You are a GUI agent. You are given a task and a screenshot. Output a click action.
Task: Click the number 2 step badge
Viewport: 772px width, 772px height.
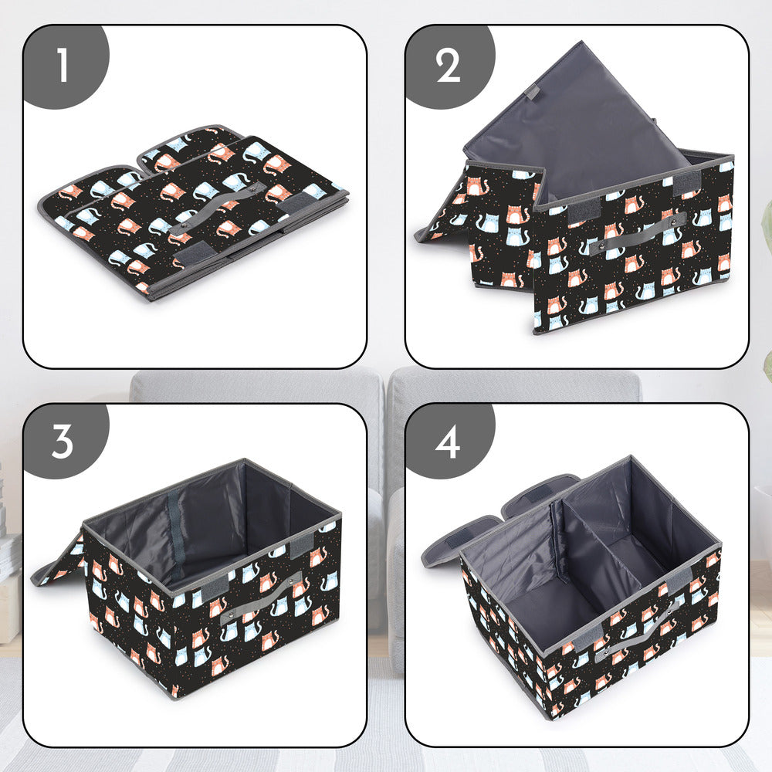point(448,66)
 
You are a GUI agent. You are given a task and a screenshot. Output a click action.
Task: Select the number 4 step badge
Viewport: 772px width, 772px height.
point(448,442)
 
